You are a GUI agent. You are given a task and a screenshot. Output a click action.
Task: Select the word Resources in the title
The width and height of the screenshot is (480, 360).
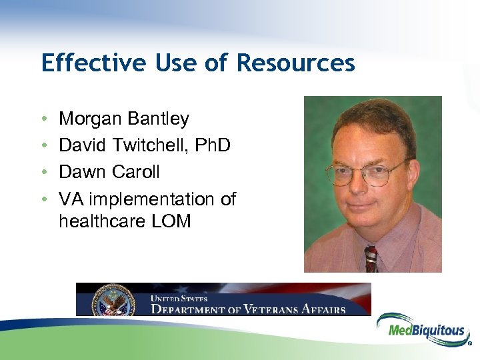point(295,63)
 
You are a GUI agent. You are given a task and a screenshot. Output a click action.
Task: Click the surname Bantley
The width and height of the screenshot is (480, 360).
point(159,119)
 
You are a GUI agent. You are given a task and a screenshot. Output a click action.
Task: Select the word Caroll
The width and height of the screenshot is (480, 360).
point(136,172)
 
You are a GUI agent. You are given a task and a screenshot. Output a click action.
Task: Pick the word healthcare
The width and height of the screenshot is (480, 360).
point(98,221)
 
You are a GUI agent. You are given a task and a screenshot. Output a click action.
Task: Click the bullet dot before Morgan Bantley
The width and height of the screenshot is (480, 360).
point(44,120)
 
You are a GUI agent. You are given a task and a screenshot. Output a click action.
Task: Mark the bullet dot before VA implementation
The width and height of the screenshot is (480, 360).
point(44,200)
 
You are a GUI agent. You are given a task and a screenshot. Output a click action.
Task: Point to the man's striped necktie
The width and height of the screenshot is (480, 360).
point(371,259)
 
